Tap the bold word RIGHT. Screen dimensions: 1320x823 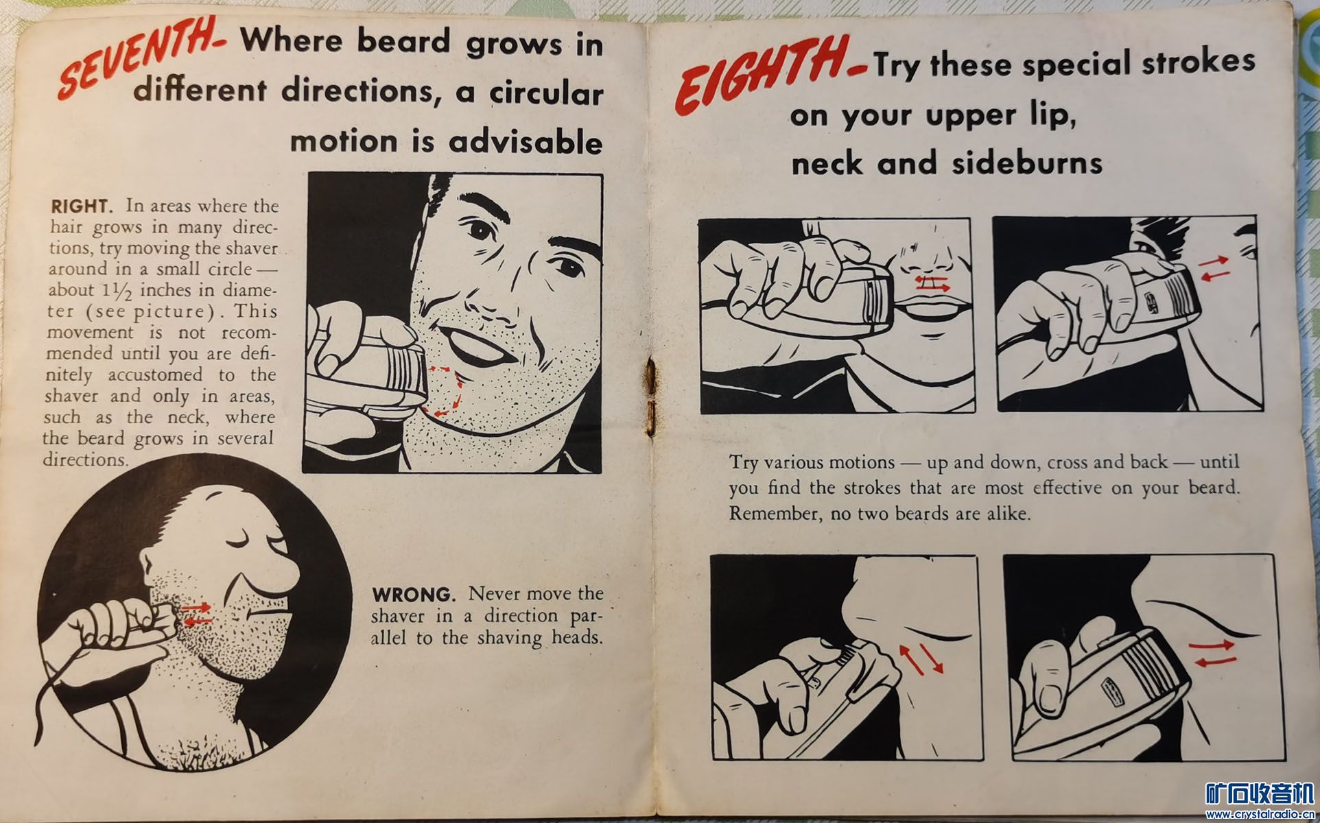[80, 206]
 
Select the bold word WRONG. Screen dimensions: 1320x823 [413, 594]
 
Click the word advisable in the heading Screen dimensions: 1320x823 [526, 142]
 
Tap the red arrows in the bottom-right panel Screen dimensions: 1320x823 [1213, 653]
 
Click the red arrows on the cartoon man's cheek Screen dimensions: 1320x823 [198, 614]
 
